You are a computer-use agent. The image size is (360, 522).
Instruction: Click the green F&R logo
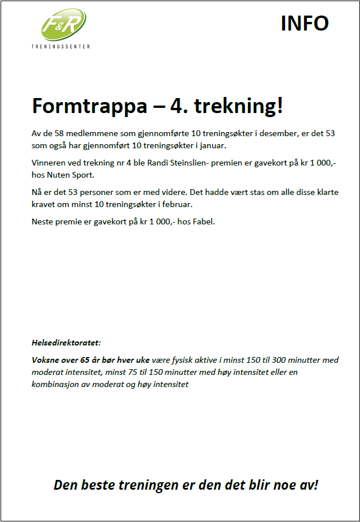tap(63, 25)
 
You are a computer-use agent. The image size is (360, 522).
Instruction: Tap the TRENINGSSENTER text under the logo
tap(61, 47)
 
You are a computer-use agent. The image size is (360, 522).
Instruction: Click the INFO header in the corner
tap(304, 23)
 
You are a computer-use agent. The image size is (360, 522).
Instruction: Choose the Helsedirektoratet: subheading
tap(66, 343)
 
